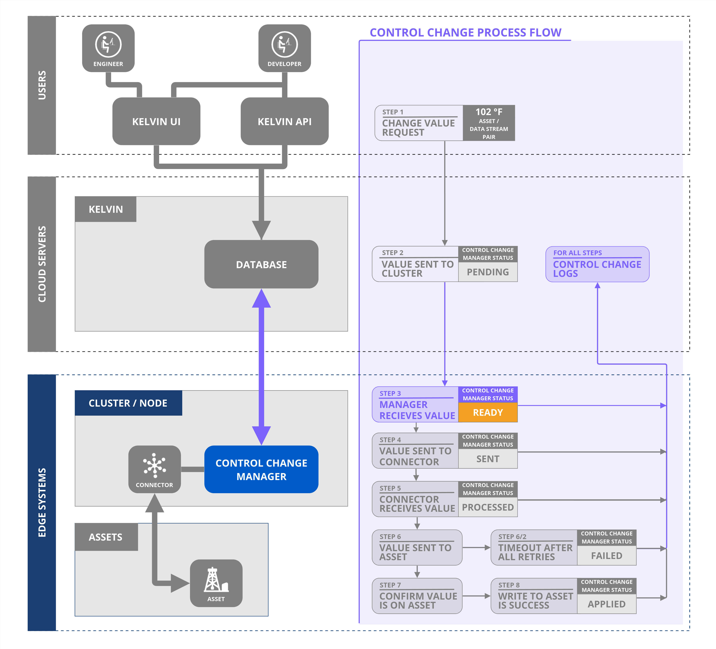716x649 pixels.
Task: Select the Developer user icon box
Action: [285, 48]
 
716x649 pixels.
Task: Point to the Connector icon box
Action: [155, 469]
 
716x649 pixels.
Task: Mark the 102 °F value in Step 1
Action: [489, 112]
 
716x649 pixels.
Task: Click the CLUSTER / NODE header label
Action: [128, 403]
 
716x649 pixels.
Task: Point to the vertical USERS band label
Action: [42, 85]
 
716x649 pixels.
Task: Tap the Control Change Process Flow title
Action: [465, 33]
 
